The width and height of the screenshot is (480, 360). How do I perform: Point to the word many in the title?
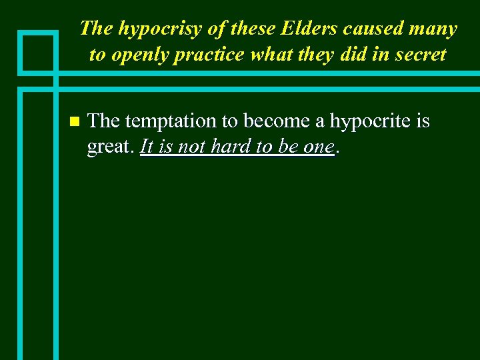click(433, 29)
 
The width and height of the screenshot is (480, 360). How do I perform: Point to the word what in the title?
click(270, 54)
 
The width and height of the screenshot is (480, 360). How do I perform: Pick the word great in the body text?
click(109, 147)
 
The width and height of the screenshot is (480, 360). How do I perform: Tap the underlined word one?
click(317, 147)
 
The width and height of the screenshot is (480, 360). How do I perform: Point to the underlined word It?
click(147, 146)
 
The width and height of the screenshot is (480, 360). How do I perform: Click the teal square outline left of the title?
click(37, 53)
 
